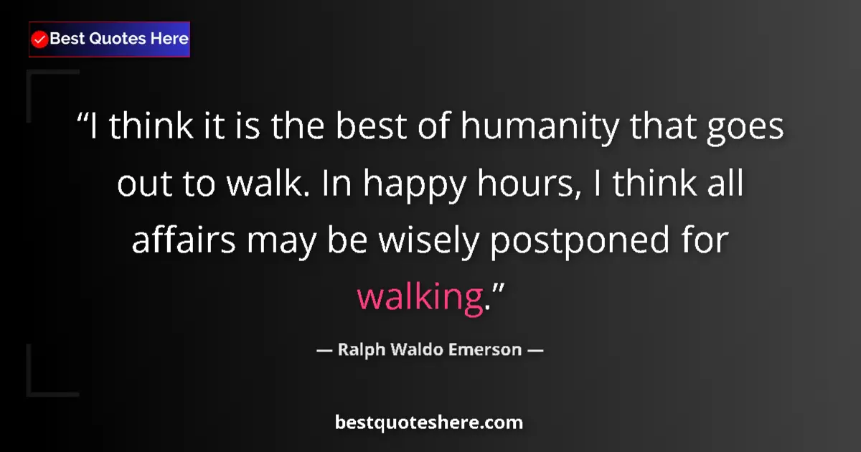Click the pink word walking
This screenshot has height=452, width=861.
[418, 297]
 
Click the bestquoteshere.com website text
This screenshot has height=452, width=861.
[429, 423]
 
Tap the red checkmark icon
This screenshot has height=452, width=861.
[40, 39]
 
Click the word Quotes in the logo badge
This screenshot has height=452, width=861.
[117, 39]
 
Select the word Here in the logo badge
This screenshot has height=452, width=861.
[169, 39]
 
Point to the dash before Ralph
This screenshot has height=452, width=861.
[324, 351]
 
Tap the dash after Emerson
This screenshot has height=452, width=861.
[535, 351]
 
